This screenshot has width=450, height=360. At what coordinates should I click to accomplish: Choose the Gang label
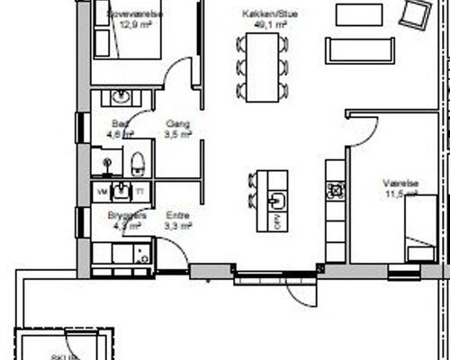click(x=177, y=123)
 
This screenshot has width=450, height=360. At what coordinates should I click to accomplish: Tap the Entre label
click(x=177, y=216)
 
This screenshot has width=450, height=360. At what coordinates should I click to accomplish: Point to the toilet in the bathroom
click(x=137, y=164)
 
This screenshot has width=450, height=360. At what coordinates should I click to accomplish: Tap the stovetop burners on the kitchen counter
click(x=336, y=190)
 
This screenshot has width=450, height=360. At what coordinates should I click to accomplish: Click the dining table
click(x=262, y=65)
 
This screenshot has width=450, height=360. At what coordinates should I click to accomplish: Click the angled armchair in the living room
click(x=416, y=14)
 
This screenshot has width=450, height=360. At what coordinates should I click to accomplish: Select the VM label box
click(x=102, y=191)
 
